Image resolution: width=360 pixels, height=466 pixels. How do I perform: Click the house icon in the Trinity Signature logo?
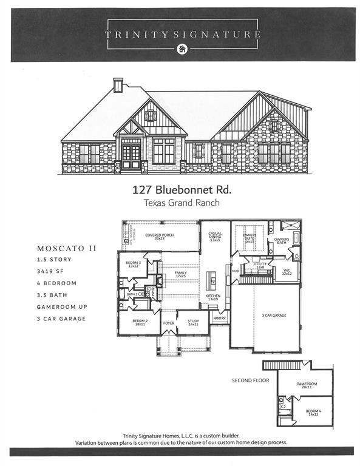180,49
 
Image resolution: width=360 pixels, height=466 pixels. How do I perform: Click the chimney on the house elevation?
118,85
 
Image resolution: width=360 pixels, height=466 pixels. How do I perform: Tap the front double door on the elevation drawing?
131,156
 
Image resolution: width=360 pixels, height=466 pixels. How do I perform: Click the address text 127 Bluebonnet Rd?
181,190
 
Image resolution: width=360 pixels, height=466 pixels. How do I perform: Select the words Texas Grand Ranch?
181,203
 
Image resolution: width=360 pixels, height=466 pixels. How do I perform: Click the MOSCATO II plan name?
67,248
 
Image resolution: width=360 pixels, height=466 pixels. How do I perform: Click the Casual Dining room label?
215,236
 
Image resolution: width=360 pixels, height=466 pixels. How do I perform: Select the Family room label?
180,274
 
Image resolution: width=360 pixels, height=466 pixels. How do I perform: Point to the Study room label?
193,322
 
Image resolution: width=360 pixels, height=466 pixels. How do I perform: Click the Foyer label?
168,323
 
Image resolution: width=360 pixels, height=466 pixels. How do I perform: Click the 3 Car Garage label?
274,316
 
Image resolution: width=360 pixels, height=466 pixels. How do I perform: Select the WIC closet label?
287,272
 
